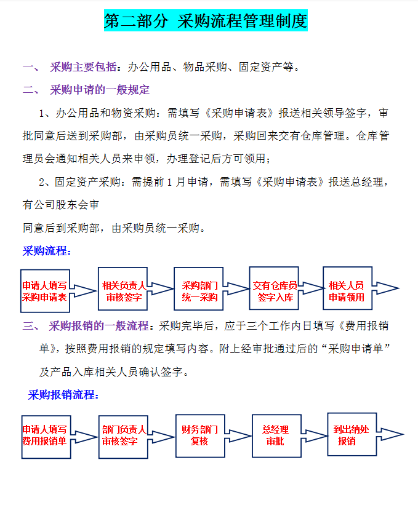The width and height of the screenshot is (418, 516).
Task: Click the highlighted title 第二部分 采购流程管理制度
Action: click(206, 22)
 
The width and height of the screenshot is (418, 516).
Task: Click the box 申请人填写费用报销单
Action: click(46, 436)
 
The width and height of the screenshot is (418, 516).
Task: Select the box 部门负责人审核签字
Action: click(123, 436)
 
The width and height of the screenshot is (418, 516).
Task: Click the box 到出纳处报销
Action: click(352, 434)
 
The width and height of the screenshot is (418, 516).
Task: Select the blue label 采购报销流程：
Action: click(63, 395)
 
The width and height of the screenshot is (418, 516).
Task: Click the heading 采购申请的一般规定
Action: click(100, 90)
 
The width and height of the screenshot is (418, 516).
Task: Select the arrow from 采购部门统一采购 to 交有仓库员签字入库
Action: click(236, 288)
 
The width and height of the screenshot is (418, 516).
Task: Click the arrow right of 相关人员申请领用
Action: click(387, 288)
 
